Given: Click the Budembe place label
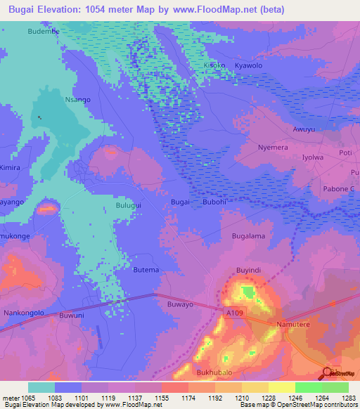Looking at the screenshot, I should tap(43, 32).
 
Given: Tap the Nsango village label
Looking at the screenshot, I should tap(77, 100).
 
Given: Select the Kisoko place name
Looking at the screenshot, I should tap(215, 65).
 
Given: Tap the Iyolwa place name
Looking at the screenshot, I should tap(313, 158).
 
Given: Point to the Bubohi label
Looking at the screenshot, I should tap(214, 202).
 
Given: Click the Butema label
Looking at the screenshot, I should tap(146, 270).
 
